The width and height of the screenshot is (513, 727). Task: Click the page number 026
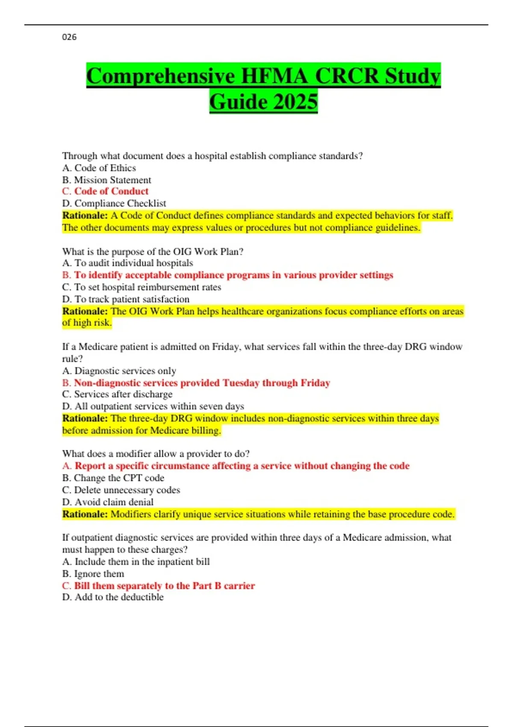point(69,37)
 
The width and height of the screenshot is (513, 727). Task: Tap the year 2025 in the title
point(295,102)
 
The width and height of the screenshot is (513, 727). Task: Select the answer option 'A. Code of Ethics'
point(99,168)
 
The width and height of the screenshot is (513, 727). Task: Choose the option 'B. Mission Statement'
point(106,180)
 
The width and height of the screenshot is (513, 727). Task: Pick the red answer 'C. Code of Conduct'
point(105,191)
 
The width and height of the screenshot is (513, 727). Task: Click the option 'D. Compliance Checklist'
point(114,204)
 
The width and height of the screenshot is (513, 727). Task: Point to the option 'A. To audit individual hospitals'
point(127,263)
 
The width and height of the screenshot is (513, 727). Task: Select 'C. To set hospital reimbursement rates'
point(142,287)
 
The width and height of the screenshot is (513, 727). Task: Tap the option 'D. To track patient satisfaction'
point(126,299)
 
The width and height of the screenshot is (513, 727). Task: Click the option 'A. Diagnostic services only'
point(119,371)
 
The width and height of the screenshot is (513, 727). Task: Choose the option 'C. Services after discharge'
point(117,394)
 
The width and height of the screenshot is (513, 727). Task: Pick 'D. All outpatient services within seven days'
point(153,406)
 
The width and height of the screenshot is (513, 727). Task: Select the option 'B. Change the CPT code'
point(113,478)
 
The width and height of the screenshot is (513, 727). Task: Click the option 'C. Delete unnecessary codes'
point(121,490)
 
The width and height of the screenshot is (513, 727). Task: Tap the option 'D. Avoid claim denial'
point(108,502)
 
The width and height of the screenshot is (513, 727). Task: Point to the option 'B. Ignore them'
point(93,574)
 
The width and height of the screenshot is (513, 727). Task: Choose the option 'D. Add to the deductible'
point(113,597)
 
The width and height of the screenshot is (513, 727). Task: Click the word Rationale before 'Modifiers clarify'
point(85,514)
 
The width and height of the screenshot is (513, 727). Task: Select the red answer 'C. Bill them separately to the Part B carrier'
point(158,586)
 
